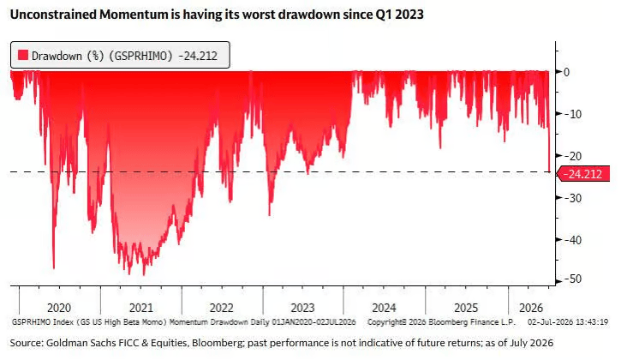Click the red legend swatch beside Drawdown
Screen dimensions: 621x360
tap(23, 55)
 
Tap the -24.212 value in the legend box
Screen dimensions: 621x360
tap(198, 56)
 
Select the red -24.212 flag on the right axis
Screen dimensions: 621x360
tap(583, 174)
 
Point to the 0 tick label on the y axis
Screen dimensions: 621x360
tap(567, 72)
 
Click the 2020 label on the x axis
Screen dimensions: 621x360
tap(59, 308)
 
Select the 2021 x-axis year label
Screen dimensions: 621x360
tap(141, 308)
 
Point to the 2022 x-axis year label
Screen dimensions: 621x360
tap(221, 308)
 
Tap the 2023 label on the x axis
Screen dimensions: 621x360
tap(302, 308)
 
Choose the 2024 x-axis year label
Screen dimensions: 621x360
tap(384, 308)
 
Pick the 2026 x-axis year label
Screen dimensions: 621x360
tap(531, 308)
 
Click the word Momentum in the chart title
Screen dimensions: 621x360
tap(134, 15)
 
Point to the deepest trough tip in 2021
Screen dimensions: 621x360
tap(144, 275)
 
